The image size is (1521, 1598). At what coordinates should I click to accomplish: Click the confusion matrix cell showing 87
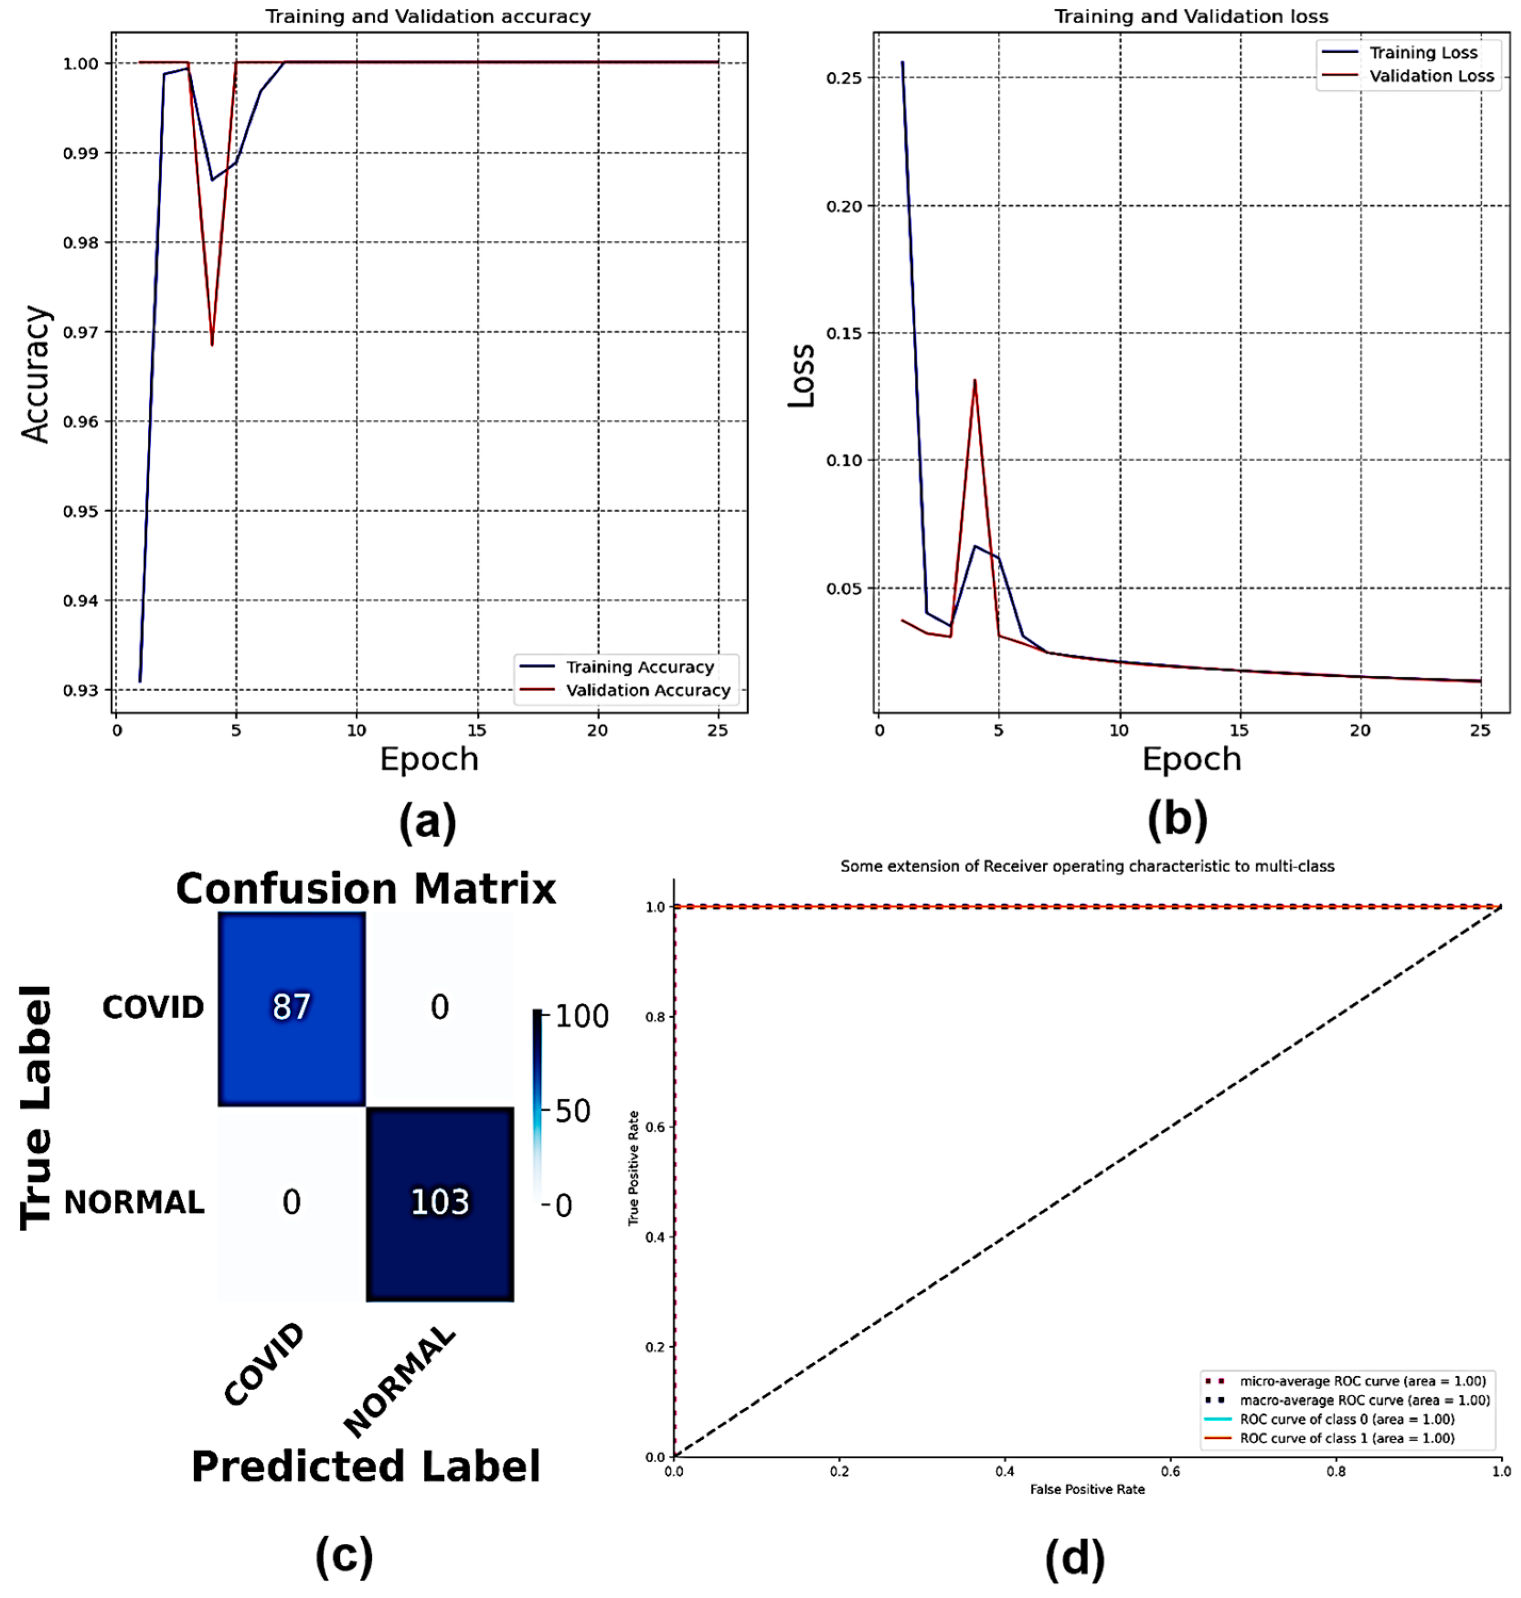291,1008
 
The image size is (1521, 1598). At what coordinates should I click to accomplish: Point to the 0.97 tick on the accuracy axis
81,332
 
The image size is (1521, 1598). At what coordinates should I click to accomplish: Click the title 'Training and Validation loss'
1191,16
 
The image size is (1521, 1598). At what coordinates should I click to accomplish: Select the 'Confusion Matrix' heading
366,889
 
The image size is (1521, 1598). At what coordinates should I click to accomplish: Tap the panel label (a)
427,822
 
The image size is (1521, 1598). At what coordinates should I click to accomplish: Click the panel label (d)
1074,1558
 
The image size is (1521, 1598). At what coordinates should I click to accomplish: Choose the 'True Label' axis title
37,1108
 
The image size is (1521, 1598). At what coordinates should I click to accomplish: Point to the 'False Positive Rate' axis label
1087,1489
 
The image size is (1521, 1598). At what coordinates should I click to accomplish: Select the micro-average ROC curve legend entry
1362,1381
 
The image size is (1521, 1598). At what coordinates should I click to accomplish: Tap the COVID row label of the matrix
153,1008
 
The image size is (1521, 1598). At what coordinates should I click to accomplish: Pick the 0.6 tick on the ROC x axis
1170,1471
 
